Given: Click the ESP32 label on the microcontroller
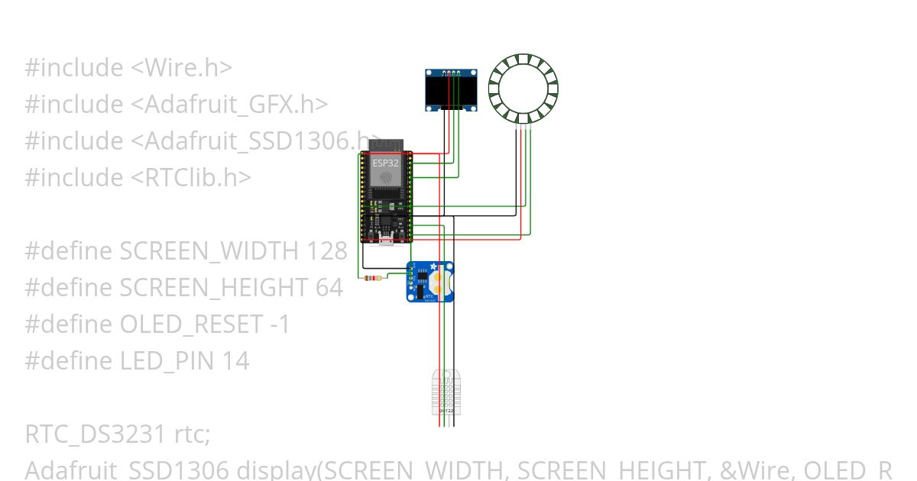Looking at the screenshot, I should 384,163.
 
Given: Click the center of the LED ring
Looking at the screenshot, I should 523,89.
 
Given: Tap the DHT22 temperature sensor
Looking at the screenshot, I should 446,391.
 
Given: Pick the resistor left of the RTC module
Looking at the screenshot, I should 374,278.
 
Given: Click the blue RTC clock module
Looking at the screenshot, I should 430,282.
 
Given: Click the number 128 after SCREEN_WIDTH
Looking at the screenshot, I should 327,251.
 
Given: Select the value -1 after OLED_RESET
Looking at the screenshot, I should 280,324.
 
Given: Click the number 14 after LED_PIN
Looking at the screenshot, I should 235,361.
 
